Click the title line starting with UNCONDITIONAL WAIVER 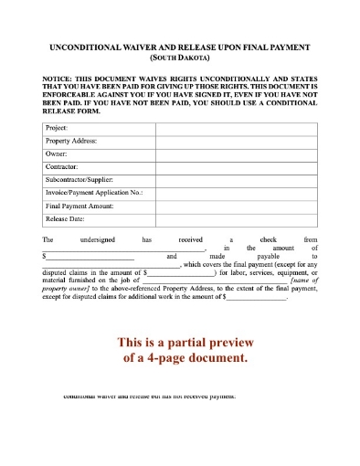(180, 45)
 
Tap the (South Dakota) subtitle (180, 56)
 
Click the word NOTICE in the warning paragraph (58, 79)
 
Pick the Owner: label (57, 154)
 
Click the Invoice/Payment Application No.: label (95, 193)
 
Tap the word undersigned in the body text (101, 238)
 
